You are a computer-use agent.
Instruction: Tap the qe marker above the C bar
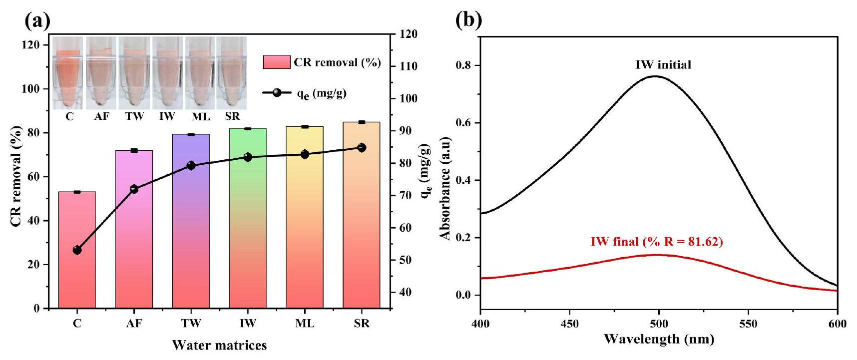coord(77,250)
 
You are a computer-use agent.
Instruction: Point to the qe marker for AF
coord(134,189)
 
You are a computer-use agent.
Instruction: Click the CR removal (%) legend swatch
coord(277,62)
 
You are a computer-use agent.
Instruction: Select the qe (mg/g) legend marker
coord(277,93)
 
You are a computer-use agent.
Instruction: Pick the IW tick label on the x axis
coord(248,324)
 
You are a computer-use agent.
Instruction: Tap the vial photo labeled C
coord(69,73)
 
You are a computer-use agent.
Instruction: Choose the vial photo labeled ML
coord(200,73)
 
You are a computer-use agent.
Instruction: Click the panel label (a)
coord(37,20)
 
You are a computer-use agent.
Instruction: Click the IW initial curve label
coord(663,65)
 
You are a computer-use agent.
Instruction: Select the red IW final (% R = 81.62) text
coord(657,242)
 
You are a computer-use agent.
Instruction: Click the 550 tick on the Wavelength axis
coord(748,324)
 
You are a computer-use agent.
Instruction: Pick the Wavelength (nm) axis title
coord(659,340)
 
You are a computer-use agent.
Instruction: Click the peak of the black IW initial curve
coord(655,76)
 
